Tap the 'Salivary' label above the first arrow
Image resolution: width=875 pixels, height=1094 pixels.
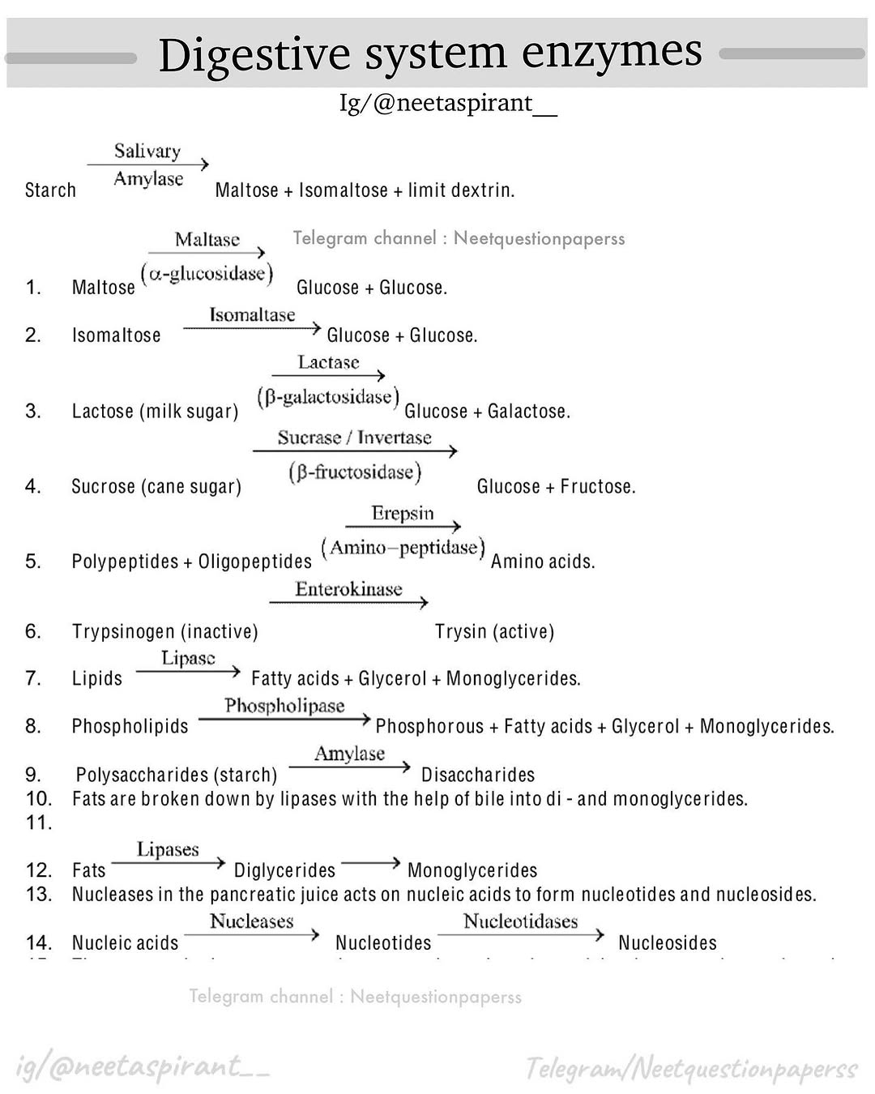tap(147, 152)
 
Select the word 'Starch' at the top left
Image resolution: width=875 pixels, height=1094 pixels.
tap(50, 190)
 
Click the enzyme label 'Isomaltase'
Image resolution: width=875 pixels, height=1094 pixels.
tap(252, 315)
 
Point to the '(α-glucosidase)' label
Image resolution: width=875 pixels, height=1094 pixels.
tap(207, 274)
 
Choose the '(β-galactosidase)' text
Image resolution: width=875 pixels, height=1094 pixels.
tap(328, 398)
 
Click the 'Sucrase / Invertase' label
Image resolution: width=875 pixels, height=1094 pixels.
tap(354, 438)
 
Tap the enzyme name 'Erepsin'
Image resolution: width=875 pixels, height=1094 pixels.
tap(403, 514)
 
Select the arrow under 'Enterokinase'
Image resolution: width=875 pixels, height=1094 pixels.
tap(348, 602)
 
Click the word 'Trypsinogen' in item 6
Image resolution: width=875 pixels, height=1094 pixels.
tap(122, 632)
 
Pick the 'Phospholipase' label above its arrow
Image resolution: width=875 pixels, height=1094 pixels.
tap(284, 707)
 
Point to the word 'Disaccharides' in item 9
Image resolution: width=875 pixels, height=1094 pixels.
tap(478, 775)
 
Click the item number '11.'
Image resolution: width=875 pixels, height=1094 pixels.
tap(38, 823)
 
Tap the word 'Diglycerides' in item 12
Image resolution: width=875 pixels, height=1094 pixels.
tap(284, 870)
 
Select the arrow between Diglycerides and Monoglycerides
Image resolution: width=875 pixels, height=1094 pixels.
tap(371, 863)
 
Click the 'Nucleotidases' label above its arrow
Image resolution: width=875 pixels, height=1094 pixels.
tap(520, 922)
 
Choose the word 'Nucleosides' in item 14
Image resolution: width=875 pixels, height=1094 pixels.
tap(668, 943)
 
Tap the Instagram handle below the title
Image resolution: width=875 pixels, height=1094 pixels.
tap(448, 104)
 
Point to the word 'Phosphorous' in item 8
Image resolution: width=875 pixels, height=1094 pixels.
tap(429, 727)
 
